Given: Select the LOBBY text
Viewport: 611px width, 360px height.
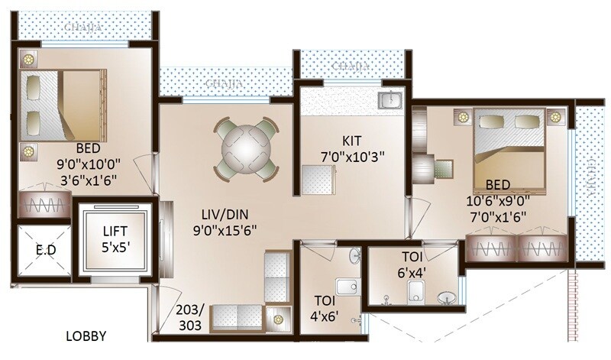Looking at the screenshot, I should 86,336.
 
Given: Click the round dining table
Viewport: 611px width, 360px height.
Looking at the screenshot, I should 244,148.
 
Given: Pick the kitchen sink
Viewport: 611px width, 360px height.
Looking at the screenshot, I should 392,100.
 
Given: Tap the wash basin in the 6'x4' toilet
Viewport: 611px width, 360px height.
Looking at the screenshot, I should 446,297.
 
